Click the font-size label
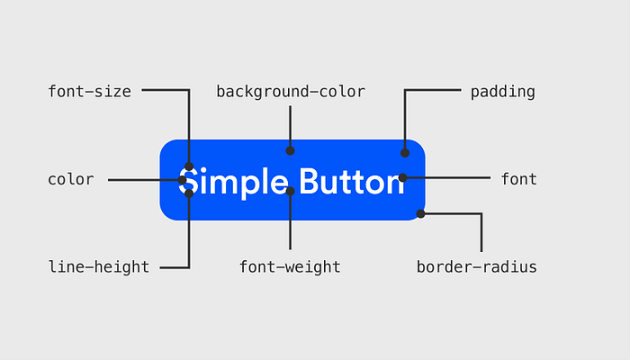(x=90, y=92)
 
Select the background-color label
(x=291, y=92)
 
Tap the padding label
(x=502, y=93)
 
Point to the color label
(x=71, y=179)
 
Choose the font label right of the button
(x=518, y=179)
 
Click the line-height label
(x=99, y=267)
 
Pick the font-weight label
(x=290, y=267)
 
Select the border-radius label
(x=476, y=266)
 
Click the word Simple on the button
(x=233, y=183)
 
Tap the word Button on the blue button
(x=352, y=182)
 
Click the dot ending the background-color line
(x=290, y=150)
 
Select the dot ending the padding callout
(x=405, y=153)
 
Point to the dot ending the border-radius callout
(x=420, y=214)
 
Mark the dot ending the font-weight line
(x=290, y=191)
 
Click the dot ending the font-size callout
(x=189, y=166)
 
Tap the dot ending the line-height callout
(x=189, y=193)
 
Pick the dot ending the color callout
(x=182, y=180)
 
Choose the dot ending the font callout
(x=402, y=177)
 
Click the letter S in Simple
(x=188, y=181)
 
